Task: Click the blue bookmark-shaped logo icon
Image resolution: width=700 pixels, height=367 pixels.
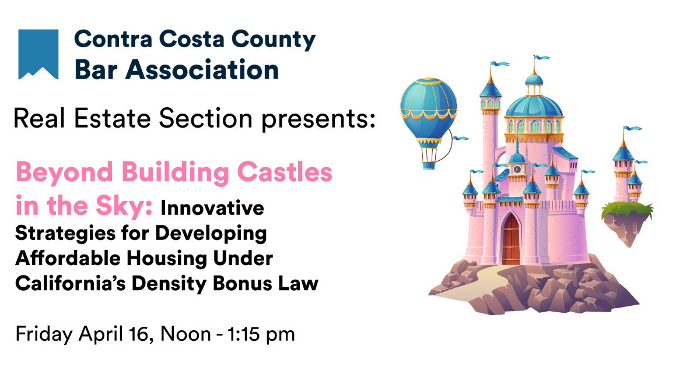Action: (x=38, y=54)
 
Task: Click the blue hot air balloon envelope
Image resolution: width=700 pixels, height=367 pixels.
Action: (x=429, y=111)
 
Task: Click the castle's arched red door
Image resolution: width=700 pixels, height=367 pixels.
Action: (x=512, y=238)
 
